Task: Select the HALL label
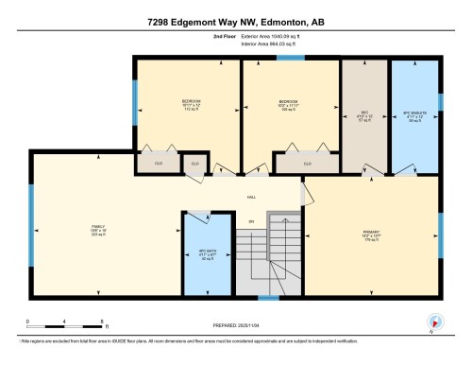[251, 196]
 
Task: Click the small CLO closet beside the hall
[195, 164]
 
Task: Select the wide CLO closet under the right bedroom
[307, 164]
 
